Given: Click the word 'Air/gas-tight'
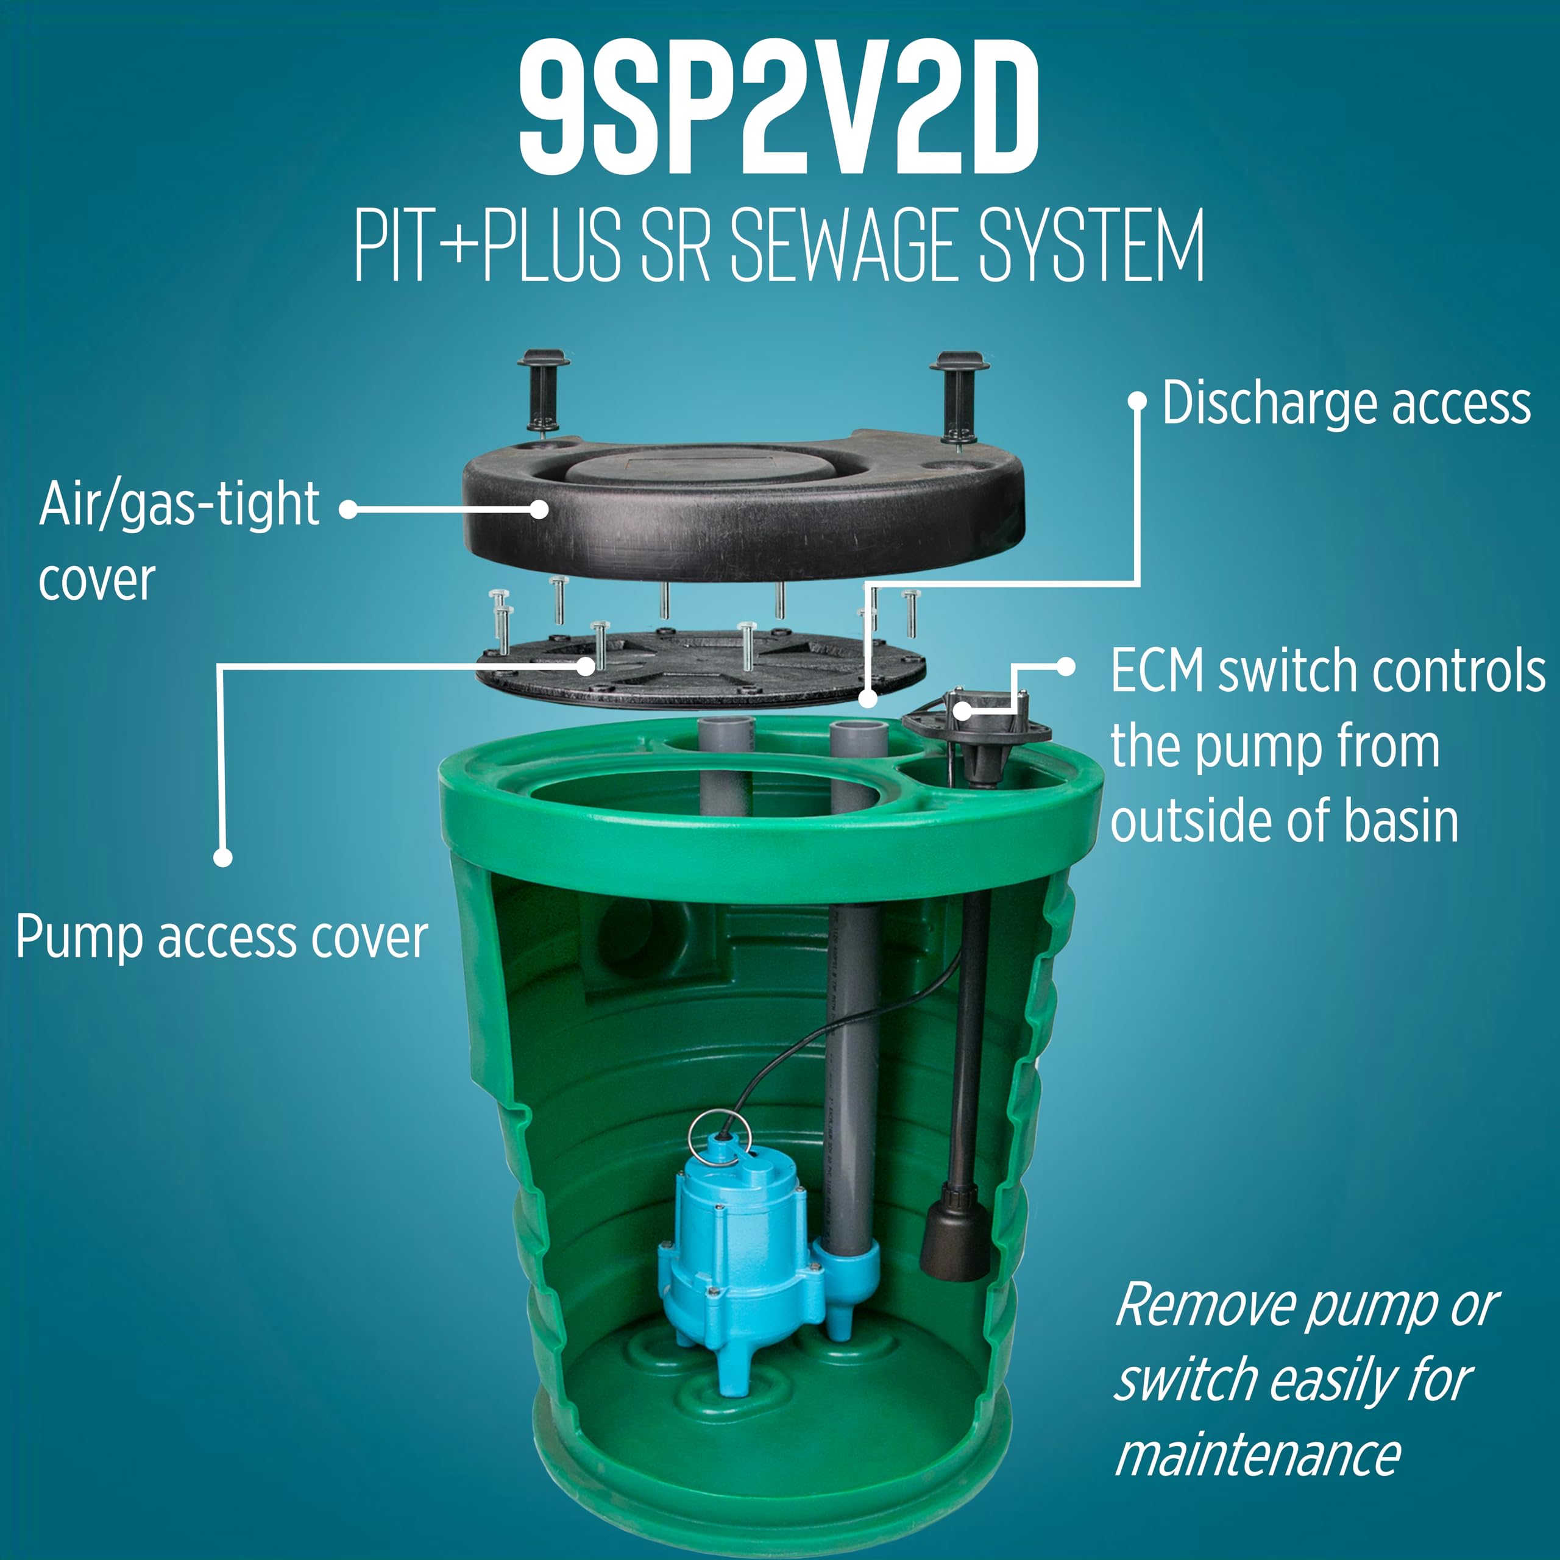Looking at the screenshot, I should tap(179, 505).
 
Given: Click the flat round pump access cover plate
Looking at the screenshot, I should tap(701, 666).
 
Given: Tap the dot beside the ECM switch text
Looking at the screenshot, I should tap(1066, 666).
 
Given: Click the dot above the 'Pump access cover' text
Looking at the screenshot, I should tap(223, 857).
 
